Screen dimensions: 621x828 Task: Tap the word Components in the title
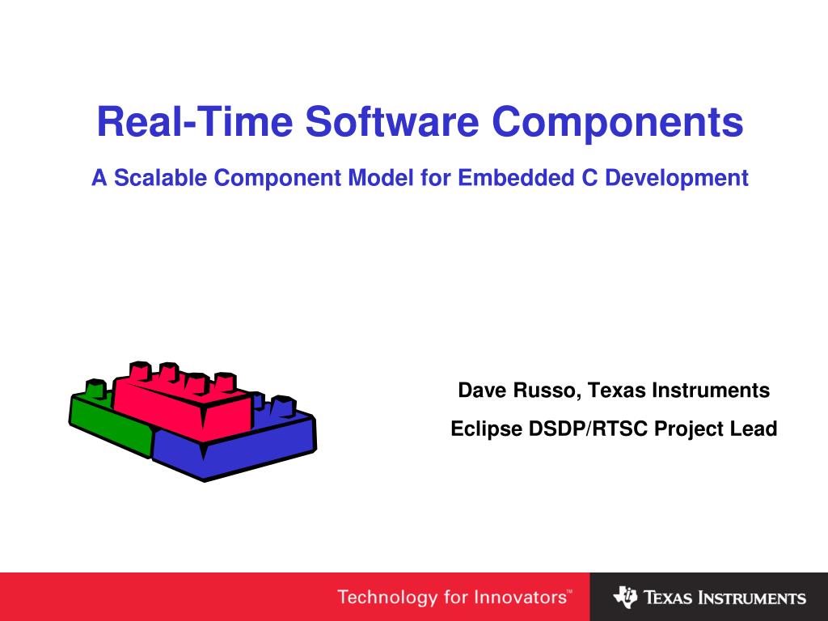(617, 122)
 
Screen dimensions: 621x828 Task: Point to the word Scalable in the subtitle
(160, 178)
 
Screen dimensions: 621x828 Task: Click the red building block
(186, 408)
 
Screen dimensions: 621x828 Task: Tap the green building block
(105, 420)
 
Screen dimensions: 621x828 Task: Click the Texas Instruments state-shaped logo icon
(625, 598)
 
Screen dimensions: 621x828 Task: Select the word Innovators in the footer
(520, 598)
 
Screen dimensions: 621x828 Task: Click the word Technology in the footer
(386, 598)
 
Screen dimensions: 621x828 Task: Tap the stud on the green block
(95, 389)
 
